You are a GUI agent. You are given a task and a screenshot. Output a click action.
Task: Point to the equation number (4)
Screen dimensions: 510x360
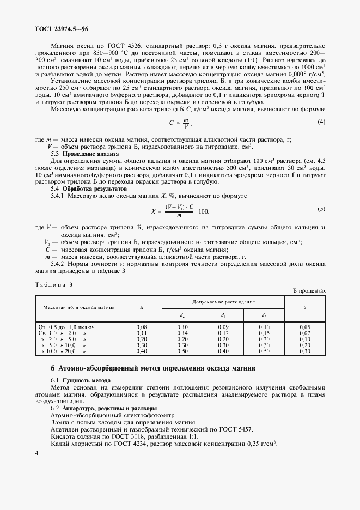click(x=321, y=122)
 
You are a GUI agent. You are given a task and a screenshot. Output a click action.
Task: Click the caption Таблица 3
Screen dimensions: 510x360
click(x=53, y=284)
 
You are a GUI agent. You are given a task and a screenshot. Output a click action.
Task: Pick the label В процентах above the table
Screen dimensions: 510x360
click(x=309, y=291)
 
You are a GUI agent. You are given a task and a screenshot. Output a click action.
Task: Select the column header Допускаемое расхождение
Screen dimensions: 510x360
click(x=224, y=301)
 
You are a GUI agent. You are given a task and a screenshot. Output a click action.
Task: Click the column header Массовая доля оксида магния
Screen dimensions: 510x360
click(x=78, y=307)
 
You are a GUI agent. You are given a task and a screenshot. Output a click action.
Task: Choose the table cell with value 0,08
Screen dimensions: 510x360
click(x=142, y=326)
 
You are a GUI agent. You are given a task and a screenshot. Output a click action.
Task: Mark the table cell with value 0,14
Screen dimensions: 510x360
click(x=182, y=332)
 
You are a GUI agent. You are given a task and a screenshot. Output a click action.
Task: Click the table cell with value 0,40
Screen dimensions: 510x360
click(x=142, y=351)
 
